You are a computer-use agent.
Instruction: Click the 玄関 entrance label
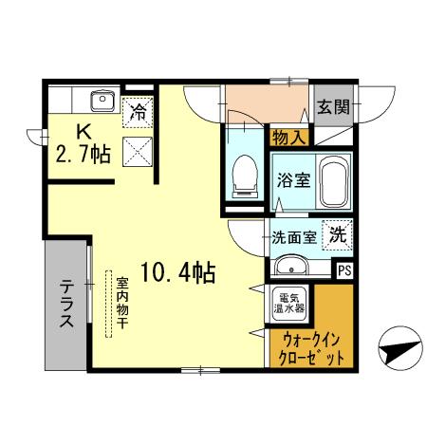tap(333, 107)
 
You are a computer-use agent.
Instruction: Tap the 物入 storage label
tap(288, 139)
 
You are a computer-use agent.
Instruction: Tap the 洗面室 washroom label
tap(294, 237)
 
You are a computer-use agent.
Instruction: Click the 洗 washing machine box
tap(337, 234)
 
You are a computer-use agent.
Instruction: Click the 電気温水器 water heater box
tap(289, 303)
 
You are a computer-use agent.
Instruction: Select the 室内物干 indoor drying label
tap(122, 302)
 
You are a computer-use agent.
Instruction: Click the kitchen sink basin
tap(101, 100)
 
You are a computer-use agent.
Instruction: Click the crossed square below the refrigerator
tap(137, 148)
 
